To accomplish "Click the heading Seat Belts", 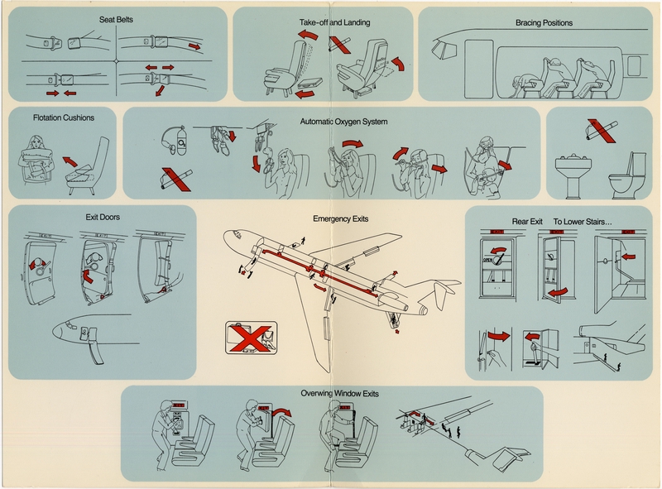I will coord(118,17).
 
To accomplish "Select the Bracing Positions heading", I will coord(543,23).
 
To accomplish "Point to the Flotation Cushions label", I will coord(65,117).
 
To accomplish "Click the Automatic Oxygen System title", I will coord(343,122).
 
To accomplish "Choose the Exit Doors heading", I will coord(102,218).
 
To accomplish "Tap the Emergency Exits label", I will coord(340,218).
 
